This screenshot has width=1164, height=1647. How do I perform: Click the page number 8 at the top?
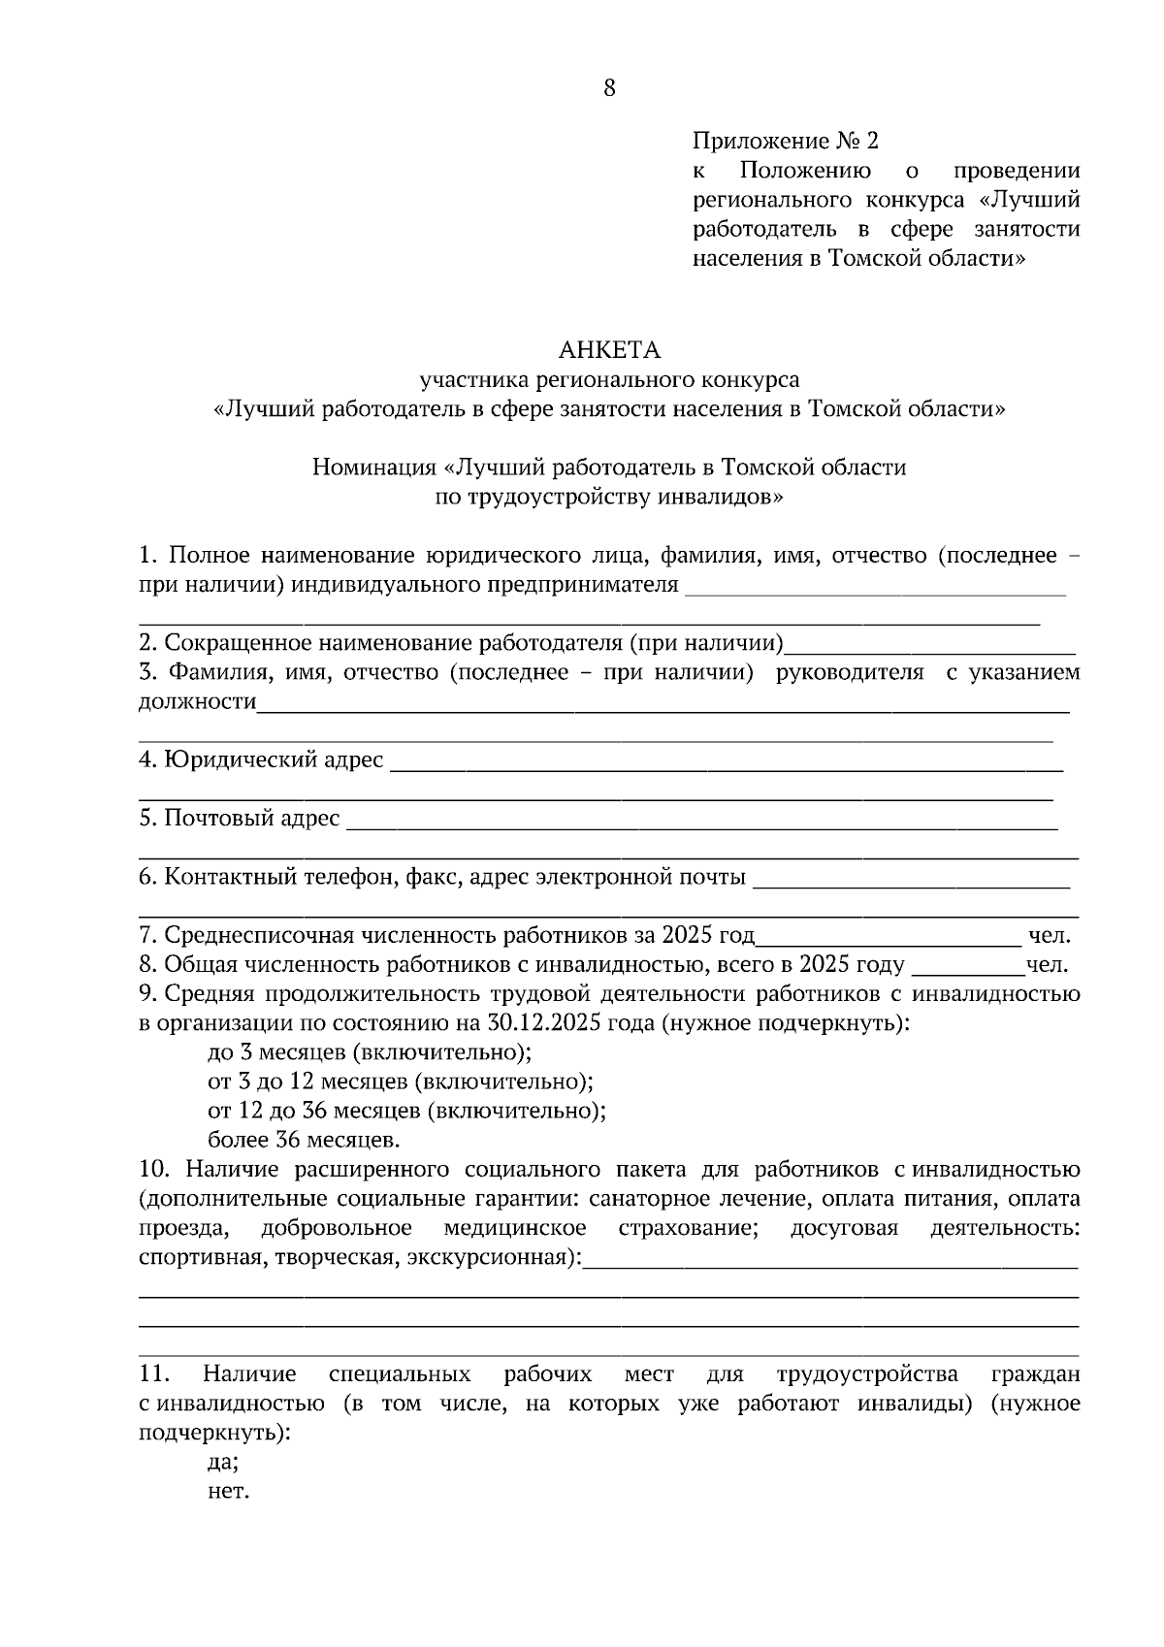click(x=609, y=89)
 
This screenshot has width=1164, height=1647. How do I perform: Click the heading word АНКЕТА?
click(x=609, y=349)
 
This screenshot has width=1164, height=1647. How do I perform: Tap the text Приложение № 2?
click(x=785, y=142)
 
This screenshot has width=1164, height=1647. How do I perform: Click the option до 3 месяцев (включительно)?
click(x=370, y=1052)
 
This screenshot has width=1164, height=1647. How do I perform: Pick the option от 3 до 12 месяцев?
click(x=400, y=1082)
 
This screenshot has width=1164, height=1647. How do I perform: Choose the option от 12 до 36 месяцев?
click(x=406, y=1111)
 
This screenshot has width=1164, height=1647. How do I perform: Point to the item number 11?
click(x=155, y=1374)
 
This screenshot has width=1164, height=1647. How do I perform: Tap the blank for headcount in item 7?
click(x=888, y=939)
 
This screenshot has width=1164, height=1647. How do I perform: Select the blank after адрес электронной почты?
click(x=911, y=881)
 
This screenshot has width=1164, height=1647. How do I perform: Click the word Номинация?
click(x=373, y=468)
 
